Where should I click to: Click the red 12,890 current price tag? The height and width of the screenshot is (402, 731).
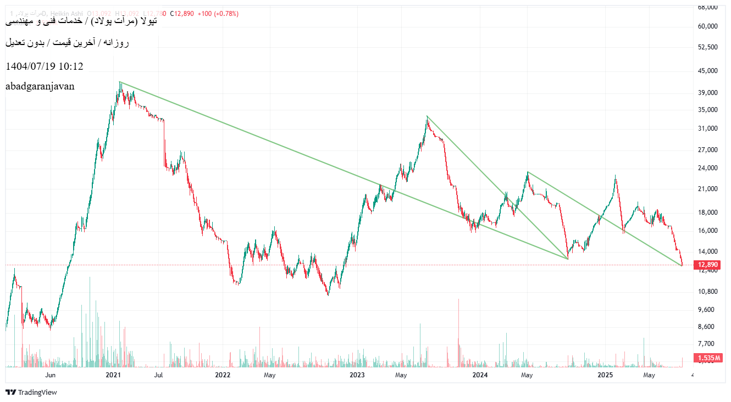[x=708, y=265]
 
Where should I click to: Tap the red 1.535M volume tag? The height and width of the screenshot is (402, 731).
[x=708, y=358]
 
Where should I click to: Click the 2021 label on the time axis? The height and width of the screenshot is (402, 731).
[x=113, y=375]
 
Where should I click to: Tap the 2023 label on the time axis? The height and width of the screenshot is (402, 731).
[x=357, y=375]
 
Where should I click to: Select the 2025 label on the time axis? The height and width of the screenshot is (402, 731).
[x=605, y=375]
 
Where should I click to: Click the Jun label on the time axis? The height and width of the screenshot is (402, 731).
[x=51, y=375]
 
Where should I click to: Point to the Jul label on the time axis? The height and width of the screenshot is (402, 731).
[x=158, y=375]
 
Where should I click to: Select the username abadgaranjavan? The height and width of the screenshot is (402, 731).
[x=40, y=86]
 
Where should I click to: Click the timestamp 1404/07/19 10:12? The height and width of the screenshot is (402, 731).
[x=44, y=66]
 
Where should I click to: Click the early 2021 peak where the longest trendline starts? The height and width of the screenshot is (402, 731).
[x=120, y=82]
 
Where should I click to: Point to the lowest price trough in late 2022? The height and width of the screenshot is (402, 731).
[x=328, y=294]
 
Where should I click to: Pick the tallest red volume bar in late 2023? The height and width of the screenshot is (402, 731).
[x=458, y=300]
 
